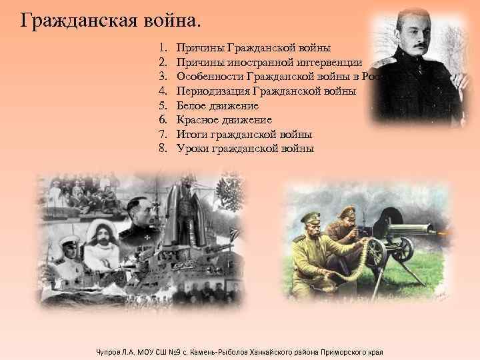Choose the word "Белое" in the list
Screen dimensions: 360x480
(191, 105)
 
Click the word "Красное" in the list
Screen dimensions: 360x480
(197, 120)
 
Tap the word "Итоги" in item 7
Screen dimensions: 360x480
(191, 134)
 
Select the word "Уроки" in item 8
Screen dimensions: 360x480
(192, 149)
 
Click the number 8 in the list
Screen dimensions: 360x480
(162, 149)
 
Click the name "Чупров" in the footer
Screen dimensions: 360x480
(108, 351)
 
